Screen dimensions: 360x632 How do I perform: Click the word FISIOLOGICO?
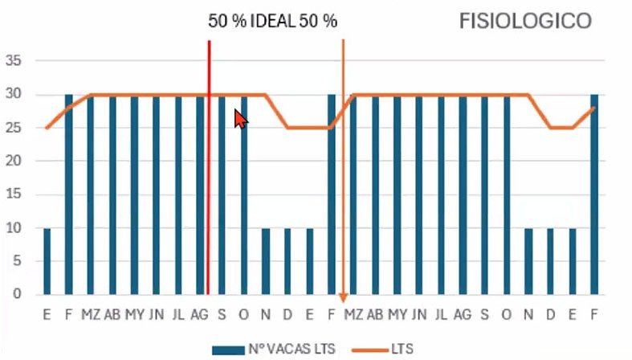tap(525, 21)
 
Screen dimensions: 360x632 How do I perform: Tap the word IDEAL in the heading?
tap(273, 22)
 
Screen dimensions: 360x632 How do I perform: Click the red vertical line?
tap(209, 161)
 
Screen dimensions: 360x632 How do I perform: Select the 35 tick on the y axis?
tap(15, 61)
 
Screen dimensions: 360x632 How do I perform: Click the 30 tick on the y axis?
tap(15, 95)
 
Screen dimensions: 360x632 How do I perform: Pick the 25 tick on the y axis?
tap(15, 128)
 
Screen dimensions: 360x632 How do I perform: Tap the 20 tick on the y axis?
tap(15, 162)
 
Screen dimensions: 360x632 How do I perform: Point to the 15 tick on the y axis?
tap(15, 194)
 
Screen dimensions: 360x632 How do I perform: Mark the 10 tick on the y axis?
tap(15, 228)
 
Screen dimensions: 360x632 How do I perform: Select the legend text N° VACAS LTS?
tap(291, 349)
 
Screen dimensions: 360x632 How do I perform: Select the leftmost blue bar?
tap(47, 261)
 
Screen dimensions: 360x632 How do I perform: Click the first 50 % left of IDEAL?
tap(225, 22)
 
